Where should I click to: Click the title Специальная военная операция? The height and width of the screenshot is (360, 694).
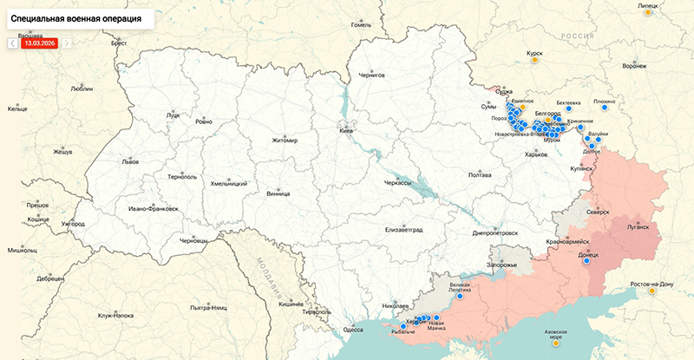point(76,17)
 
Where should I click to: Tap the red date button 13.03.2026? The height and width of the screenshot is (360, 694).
point(40,42)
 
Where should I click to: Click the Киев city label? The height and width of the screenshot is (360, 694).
point(346,131)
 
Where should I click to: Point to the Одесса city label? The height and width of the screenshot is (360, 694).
point(352,330)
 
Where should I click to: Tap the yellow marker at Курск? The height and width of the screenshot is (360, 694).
point(535,60)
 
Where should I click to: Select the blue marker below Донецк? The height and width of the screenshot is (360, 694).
point(586,264)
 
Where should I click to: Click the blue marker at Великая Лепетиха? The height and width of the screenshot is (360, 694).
point(460,294)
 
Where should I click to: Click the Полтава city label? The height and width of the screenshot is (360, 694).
point(480,175)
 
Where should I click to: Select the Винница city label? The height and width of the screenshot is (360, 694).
point(278,193)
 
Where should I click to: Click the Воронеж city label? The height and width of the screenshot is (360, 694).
point(634,66)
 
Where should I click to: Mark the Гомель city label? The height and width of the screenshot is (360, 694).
point(360,24)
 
